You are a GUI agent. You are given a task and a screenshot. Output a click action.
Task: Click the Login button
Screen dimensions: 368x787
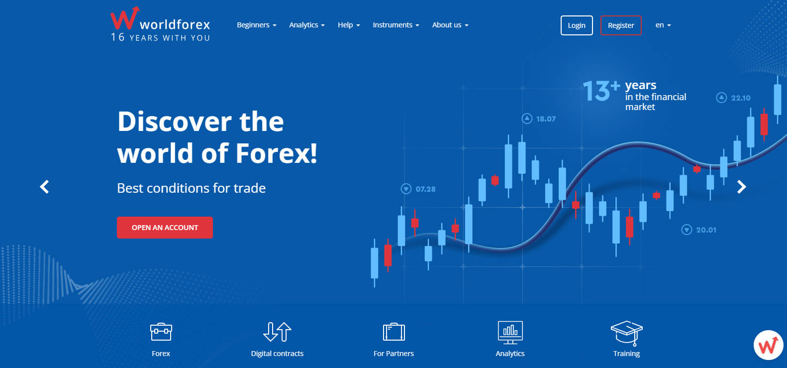coord(577,25)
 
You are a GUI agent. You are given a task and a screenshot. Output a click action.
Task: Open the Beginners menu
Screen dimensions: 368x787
coord(256,25)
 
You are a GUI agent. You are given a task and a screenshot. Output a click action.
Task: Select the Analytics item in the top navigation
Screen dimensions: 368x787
coord(306,25)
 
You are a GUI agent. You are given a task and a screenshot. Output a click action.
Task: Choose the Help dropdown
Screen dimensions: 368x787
coord(348,25)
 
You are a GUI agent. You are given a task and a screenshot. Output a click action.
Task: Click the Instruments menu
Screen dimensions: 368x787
coord(395,25)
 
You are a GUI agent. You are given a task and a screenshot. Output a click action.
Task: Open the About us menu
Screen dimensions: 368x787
coord(450,25)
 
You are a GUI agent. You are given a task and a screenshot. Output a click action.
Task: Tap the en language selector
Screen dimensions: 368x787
coord(663,25)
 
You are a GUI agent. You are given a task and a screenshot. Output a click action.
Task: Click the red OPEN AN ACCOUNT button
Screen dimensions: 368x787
coord(165,228)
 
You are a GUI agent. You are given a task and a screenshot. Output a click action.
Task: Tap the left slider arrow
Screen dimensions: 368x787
coord(44,187)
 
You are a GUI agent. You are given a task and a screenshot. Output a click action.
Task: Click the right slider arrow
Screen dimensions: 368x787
coord(741,187)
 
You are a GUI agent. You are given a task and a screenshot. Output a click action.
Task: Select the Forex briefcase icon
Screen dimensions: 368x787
coord(161,332)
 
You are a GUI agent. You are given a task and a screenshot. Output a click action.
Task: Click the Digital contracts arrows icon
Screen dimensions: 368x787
coord(277,332)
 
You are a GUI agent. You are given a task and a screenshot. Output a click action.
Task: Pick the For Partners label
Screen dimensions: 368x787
coord(393,354)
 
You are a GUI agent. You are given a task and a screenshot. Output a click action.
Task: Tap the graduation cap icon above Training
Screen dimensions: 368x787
coord(626,333)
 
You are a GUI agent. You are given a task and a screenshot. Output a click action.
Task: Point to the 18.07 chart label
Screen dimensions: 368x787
coord(545,119)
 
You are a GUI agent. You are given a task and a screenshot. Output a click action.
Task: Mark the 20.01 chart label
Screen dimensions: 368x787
coord(705,230)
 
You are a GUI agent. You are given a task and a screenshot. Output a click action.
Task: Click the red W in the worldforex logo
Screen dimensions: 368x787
coord(123,19)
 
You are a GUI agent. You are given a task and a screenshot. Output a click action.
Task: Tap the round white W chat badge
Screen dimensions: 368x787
coord(768,345)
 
